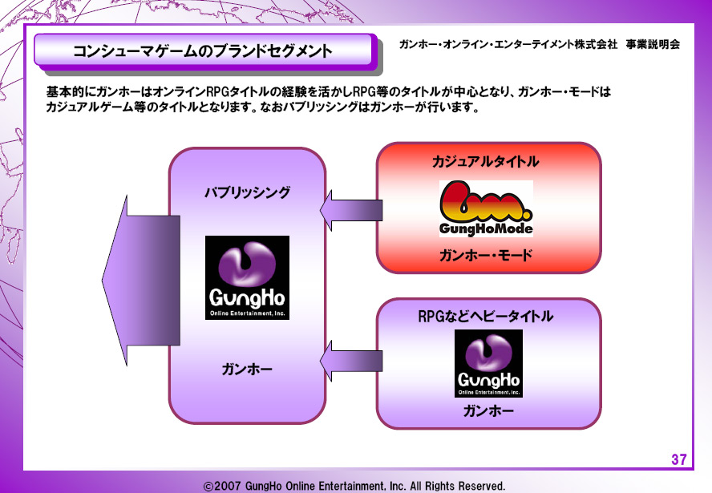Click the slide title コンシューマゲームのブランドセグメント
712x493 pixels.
point(202,51)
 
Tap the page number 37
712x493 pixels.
point(678,459)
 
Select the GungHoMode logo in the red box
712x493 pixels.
point(486,208)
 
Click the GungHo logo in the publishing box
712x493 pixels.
point(247,277)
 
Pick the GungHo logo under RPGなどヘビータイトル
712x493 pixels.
point(488,363)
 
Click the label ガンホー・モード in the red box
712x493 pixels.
point(487,257)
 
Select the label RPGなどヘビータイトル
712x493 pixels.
point(486,316)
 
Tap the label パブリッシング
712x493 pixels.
point(246,192)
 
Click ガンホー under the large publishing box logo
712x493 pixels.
point(246,370)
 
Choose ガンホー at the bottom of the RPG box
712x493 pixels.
point(488,411)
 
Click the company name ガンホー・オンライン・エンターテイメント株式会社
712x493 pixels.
point(508,45)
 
